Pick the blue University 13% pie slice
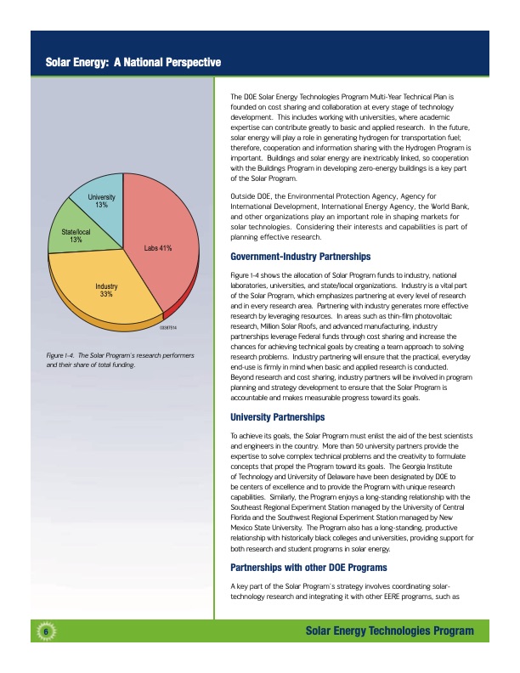[100, 201]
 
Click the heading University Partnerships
[276, 417]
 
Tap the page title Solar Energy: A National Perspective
[133, 63]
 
